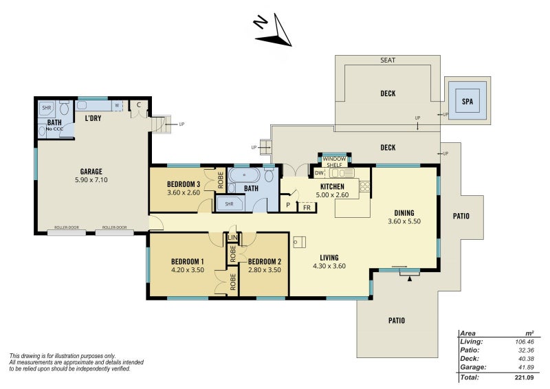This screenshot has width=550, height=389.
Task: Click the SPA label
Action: [467, 101]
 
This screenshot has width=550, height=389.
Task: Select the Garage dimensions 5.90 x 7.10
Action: [91, 180]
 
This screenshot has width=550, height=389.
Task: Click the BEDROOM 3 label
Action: [184, 184]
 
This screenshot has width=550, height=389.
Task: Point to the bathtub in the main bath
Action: [244, 175]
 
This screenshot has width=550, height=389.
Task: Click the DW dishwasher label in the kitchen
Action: [319, 173]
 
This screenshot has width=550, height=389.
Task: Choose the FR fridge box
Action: [307, 208]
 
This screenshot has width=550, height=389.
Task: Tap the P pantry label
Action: [288, 205]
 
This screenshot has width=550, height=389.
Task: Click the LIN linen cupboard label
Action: [232, 238]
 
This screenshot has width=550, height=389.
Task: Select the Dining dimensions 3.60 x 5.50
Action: [404, 221]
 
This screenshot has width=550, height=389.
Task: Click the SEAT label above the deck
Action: [388, 60]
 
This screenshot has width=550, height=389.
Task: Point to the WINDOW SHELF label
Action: [334, 162]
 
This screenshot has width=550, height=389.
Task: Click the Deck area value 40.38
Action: [526, 359]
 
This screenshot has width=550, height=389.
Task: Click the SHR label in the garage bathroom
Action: [47, 108]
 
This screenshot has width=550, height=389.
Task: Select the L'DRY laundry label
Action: [93, 118]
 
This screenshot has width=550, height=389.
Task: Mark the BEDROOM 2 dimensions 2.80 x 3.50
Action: [265, 270]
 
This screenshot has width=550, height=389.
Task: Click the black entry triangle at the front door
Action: [409, 278]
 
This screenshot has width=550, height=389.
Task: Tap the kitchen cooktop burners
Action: [365, 186]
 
